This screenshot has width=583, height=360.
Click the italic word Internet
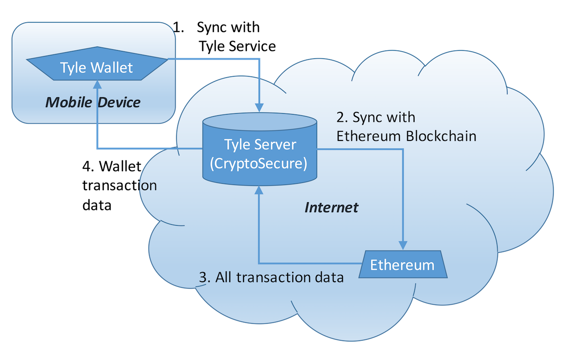point(331,207)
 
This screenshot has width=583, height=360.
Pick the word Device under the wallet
point(119,102)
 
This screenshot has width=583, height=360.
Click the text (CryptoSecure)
point(258,164)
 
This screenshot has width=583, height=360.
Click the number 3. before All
point(205,277)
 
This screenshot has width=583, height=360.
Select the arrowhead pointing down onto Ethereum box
point(403,245)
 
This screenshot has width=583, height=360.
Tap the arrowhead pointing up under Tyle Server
point(259,189)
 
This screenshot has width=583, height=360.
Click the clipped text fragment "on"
point(149,186)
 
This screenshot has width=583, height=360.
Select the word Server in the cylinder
point(275,144)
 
